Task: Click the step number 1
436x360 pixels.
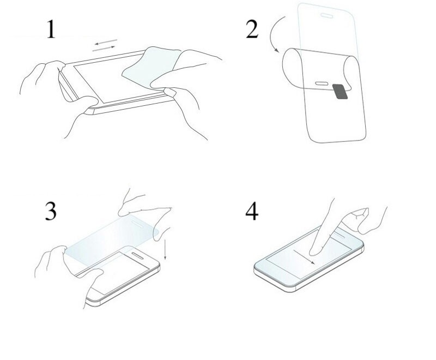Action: [x=51, y=29]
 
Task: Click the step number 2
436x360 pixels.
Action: [x=252, y=29]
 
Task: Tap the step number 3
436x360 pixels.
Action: [x=51, y=211]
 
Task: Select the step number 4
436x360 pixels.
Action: [x=252, y=211]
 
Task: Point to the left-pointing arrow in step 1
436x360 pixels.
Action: [x=106, y=43]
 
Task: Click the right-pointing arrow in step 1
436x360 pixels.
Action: [x=104, y=49]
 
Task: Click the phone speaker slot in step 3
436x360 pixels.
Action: [x=138, y=256]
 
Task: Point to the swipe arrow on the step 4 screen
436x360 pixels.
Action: [x=304, y=256]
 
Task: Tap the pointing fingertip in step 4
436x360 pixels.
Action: [x=314, y=252]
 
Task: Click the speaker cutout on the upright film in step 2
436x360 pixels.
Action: [x=326, y=16]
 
